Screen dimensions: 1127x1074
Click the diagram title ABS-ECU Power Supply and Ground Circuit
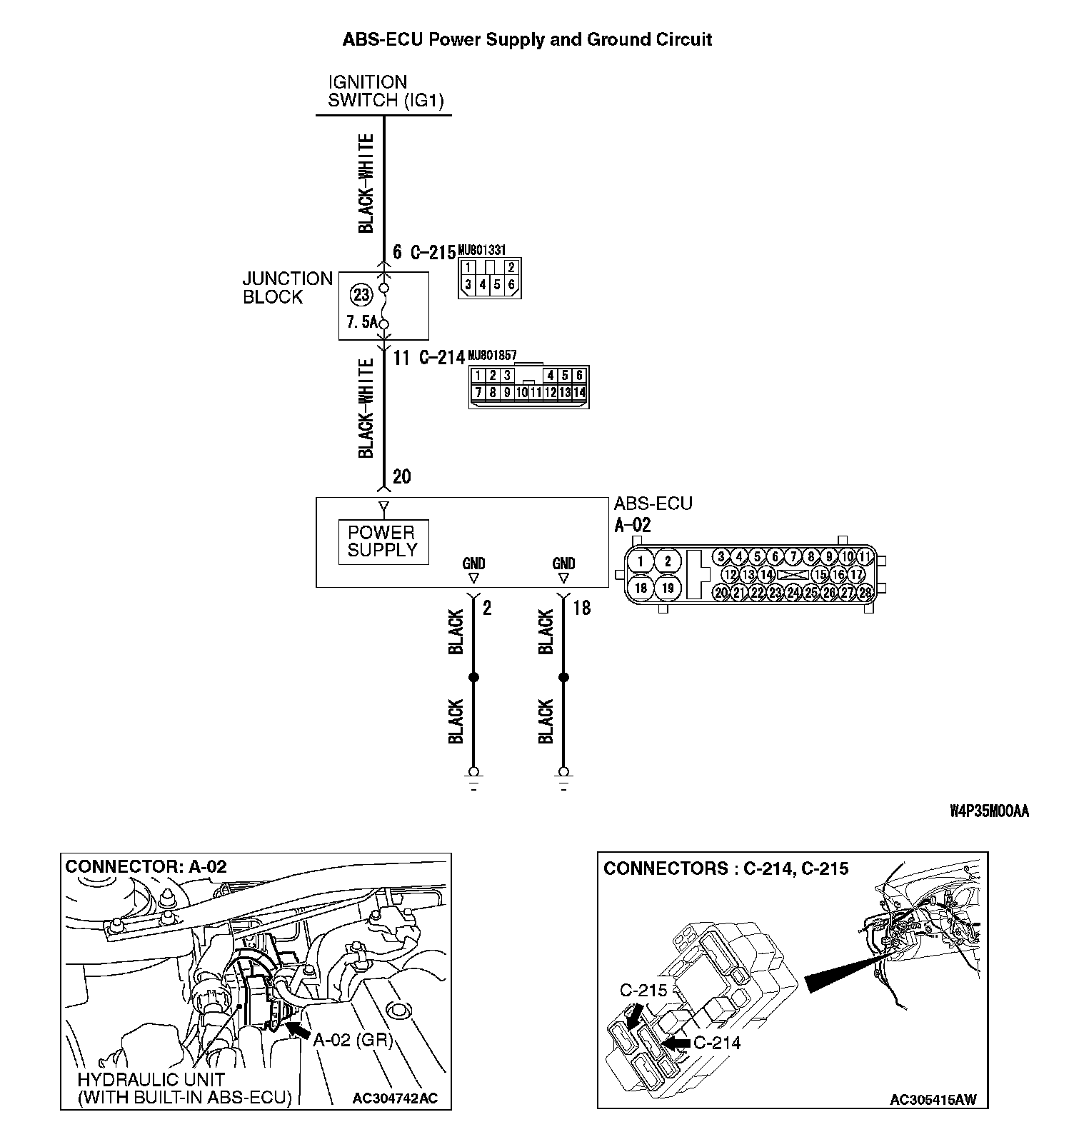(527, 39)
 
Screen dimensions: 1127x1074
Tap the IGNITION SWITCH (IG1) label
(386, 91)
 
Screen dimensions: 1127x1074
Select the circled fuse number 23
(361, 294)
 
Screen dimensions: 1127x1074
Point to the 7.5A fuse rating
(362, 323)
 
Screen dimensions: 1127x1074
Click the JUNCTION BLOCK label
(287, 288)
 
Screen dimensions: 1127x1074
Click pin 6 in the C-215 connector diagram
(512, 285)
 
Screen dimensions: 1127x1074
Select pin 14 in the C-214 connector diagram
(579, 392)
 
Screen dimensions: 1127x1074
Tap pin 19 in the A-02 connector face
(668, 588)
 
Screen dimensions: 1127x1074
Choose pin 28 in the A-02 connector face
(865, 592)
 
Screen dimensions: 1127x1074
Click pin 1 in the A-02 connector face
(641, 561)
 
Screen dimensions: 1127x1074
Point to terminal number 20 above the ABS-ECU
(402, 476)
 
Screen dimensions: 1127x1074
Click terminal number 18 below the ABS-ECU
(582, 608)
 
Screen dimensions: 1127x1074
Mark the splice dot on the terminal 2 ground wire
(473, 677)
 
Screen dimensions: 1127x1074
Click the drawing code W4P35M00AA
(989, 811)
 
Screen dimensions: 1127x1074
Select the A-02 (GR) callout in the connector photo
(353, 1041)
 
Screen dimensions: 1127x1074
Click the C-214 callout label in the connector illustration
(717, 1043)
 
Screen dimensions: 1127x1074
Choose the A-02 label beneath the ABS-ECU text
(633, 526)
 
